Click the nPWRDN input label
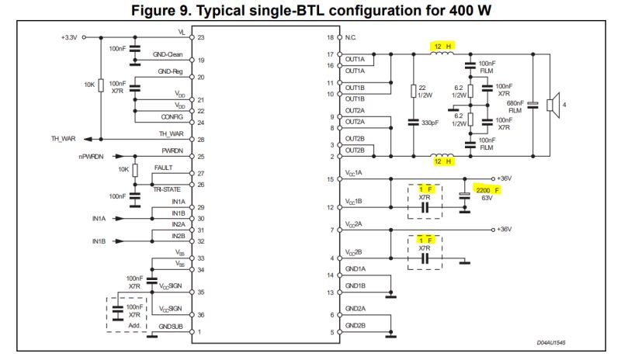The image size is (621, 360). (92, 157)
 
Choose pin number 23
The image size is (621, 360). (201, 37)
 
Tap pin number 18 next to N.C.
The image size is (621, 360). (330, 37)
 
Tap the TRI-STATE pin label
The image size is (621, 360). (168, 189)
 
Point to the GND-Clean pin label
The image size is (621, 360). (168, 56)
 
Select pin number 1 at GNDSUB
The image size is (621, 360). (199, 332)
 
